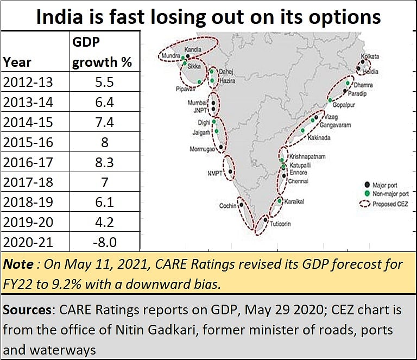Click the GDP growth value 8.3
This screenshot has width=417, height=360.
click(104, 162)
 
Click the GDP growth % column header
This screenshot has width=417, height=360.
click(102, 53)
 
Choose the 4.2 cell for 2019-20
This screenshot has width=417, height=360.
click(104, 222)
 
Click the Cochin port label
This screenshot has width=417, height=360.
click(228, 206)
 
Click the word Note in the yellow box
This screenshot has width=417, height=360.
click(17, 265)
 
